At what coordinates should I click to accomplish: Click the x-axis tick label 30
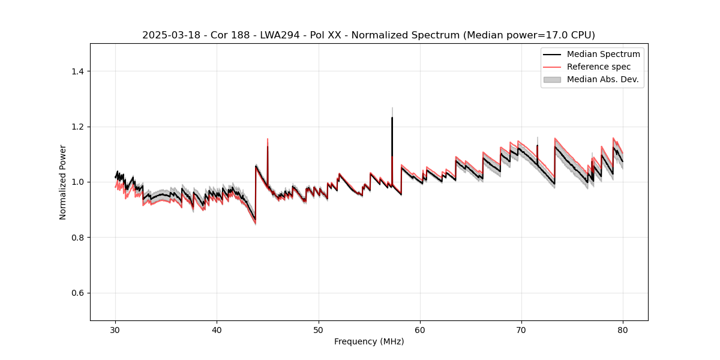coord(116,330)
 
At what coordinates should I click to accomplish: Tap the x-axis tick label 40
coord(217,330)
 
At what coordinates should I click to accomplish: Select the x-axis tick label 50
coord(319,330)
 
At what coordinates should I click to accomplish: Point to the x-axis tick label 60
coord(420,330)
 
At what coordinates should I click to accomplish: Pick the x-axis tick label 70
coord(521,330)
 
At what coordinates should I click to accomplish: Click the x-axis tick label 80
coord(623,330)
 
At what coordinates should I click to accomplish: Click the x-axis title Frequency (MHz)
coord(369,341)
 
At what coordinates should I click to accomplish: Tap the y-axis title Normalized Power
coord(63,182)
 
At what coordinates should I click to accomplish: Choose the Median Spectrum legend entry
coord(603,54)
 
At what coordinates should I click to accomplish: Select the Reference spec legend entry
coord(598,67)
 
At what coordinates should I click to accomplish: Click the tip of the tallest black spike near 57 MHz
coord(392,118)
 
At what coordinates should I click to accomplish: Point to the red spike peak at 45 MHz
coord(268,139)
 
